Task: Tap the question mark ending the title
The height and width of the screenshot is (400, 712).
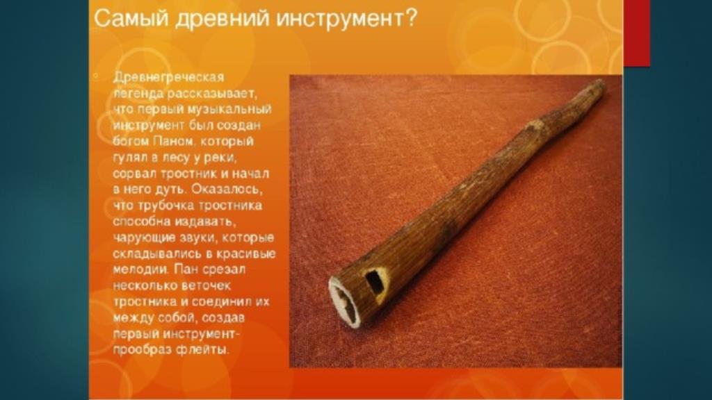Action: click(410, 19)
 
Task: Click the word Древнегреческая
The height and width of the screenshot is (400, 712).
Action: click(168, 78)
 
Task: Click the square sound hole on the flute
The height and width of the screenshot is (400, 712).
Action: click(374, 281)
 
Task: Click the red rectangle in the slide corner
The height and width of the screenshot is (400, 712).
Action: click(636, 33)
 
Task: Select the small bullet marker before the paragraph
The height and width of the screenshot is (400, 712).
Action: click(95, 76)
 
